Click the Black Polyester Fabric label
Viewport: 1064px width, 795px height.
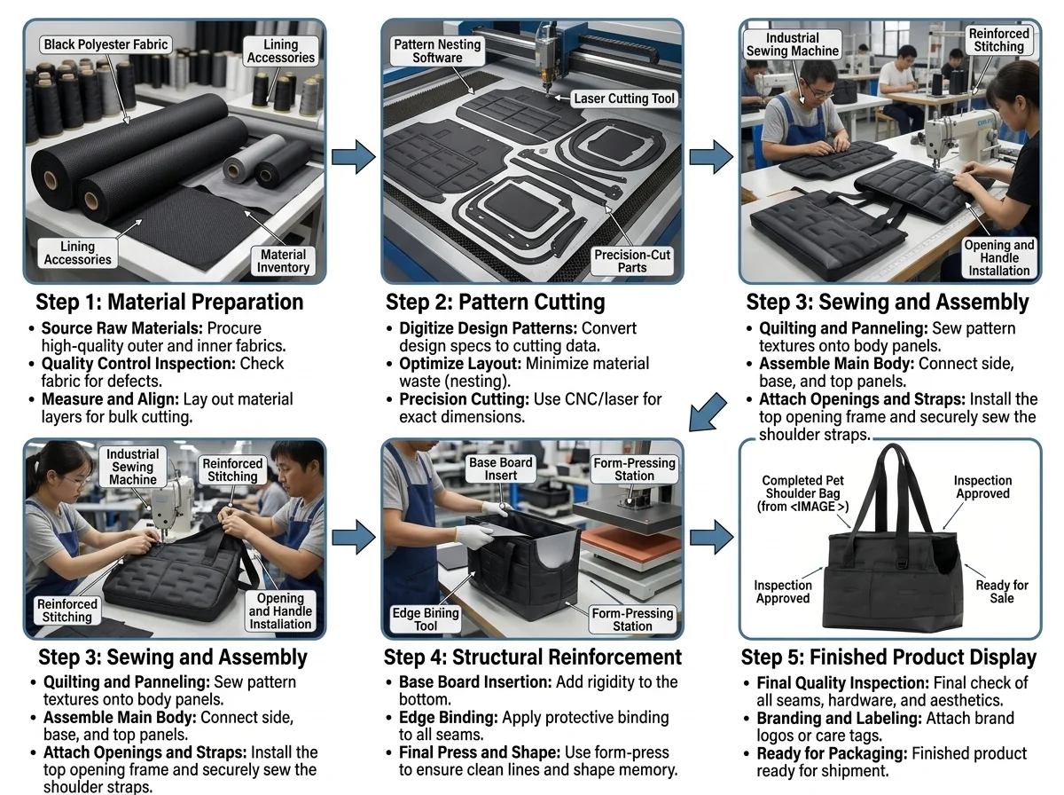(106, 44)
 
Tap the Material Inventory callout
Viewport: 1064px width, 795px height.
(283, 261)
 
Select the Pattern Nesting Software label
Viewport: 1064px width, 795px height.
(437, 51)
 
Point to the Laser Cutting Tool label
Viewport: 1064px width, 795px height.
(624, 98)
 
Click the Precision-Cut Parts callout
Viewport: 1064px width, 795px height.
(632, 261)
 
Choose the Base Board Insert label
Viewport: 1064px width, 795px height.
(501, 468)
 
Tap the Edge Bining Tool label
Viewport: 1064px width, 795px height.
(426, 619)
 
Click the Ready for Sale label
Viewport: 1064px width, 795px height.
(1001, 591)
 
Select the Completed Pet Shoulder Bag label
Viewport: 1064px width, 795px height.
(802, 493)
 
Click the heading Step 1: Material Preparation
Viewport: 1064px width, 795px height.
(169, 302)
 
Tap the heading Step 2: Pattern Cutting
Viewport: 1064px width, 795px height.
(496, 302)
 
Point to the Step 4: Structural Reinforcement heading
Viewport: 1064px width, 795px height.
(533, 657)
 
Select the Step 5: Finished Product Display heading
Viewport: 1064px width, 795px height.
(888, 657)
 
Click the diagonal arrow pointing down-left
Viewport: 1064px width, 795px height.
(708, 413)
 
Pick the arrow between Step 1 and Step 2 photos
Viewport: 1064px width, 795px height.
(354, 157)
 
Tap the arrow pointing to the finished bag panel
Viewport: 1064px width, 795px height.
(712, 537)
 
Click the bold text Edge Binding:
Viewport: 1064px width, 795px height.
(449, 718)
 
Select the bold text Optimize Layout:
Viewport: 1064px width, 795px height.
(460, 364)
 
